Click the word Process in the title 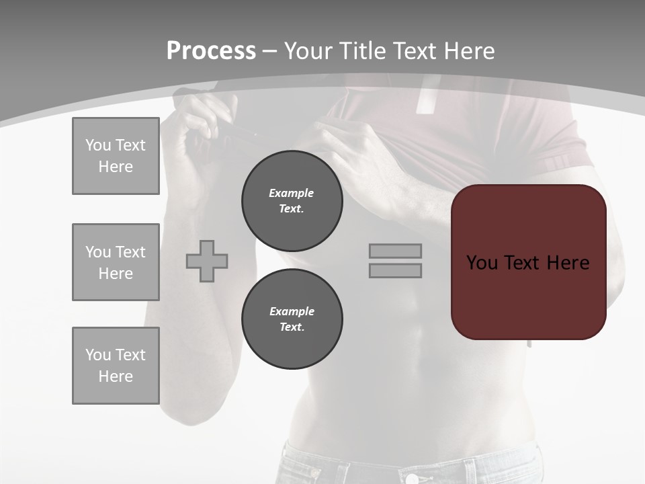click(x=211, y=51)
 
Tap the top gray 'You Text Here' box click(x=116, y=156)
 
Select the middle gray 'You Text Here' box click(x=116, y=262)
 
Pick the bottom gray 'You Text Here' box click(x=116, y=366)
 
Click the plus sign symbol click(x=207, y=261)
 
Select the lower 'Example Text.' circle click(x=292, y=319)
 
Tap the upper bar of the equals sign click(x=395, y=251)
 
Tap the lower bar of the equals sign click(x=395, y=270)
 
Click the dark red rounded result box click(x=528, y=296)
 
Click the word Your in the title click(x=308, y=51)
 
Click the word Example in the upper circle click(x=292, y=193)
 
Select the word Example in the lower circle click(x=292, y=311)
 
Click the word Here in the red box click(x=568, y=262)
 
